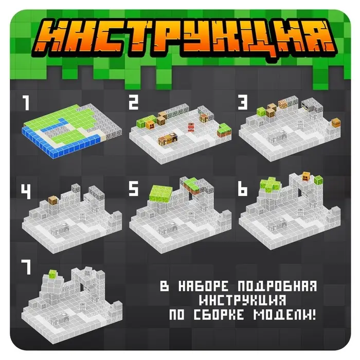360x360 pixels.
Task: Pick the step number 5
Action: tap(134, 191)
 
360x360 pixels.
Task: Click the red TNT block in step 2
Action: tap(191, 127)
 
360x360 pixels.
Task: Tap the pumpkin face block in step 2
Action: tap(152, 124)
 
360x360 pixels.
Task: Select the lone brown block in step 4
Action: tap(52, 201)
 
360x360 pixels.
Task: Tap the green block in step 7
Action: tap(52, 275)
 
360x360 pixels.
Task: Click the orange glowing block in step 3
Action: tap(282, 105)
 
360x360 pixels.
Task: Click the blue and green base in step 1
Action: tap(67, 131)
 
